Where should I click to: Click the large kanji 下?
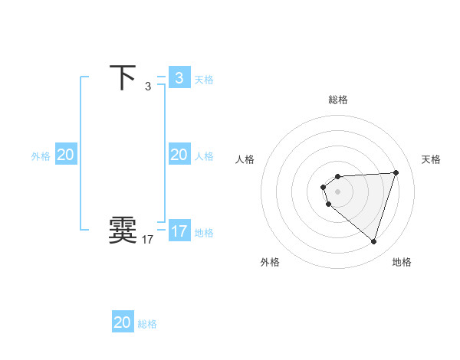click(x=123, y=78)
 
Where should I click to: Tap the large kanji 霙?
click(x=123, y=230)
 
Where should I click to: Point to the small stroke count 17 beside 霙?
click(x=147, y=240)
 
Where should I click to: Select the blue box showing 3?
click(x=179, y=78)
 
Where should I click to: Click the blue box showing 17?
click(x=179, y=231)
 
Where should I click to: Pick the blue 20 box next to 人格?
click(x=179, y=155)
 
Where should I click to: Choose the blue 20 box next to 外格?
click(x=65, y=155)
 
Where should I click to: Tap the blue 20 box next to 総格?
click(x=123, y=322)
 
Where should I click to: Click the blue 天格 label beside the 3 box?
click(x=204, y=80)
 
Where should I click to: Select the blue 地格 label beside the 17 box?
click(x=204, y=233)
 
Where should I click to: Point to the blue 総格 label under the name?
click(x=147, y=324)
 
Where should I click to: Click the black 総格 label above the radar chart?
click(x=337, y=100)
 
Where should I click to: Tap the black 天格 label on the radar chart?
click(x=431, y=159)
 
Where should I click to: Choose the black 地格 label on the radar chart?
click(x=402, y=262)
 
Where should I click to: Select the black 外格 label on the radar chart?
click(x=270, y=262)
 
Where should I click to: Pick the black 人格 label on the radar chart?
click(x=245, y=159)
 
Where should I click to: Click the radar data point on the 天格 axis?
click(x=396, y=172)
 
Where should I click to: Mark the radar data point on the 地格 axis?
click(x=373, y=241)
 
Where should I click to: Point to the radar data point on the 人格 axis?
click(x=324, y=187)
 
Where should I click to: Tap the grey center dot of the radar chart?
click(x=337, y=191)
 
